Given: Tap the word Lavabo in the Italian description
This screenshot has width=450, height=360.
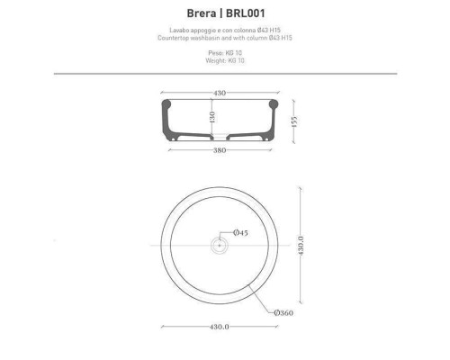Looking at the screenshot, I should pos(168,31).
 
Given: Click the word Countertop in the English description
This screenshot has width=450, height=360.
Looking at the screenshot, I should pos(176,39).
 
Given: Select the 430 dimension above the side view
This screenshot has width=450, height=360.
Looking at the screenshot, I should pos(219,92).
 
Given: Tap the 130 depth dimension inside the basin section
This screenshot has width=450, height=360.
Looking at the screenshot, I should pos(212,118).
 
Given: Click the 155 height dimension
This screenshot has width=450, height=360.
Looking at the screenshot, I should pos(293,120).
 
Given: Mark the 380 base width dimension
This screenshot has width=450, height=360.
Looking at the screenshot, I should pos(220,151).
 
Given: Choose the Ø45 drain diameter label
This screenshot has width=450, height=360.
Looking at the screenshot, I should pos(240,233).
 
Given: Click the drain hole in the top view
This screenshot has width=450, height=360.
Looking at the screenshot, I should pos(219,245).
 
